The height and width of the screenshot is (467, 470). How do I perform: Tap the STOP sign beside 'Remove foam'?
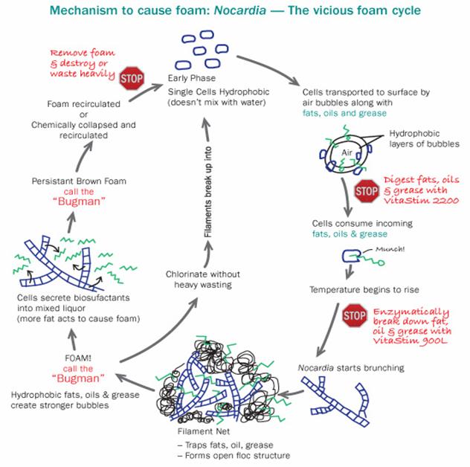pos(131,77)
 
